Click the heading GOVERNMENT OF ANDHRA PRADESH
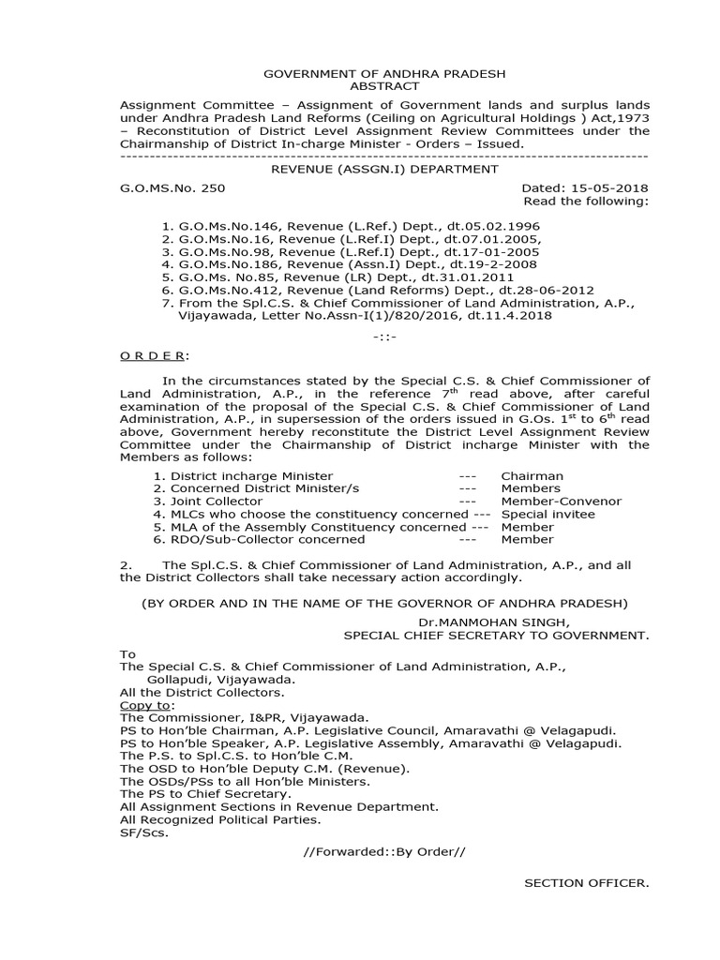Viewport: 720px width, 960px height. coord(360,71)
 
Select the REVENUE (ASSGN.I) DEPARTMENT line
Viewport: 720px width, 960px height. coord(359,169)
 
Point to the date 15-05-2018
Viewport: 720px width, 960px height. coord(616,187)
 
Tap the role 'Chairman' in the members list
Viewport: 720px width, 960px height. coord(532,475)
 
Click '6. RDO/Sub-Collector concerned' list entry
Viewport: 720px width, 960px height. coord(252,539)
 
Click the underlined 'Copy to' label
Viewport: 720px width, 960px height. coord(145,704)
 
